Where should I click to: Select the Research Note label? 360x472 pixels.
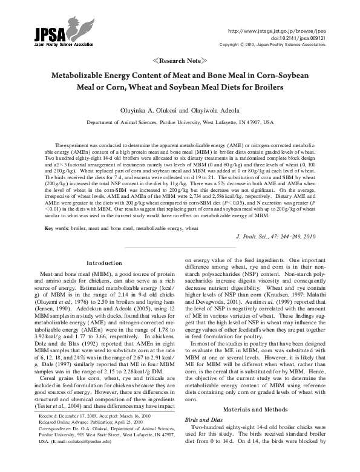click(x=180, y=61)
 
